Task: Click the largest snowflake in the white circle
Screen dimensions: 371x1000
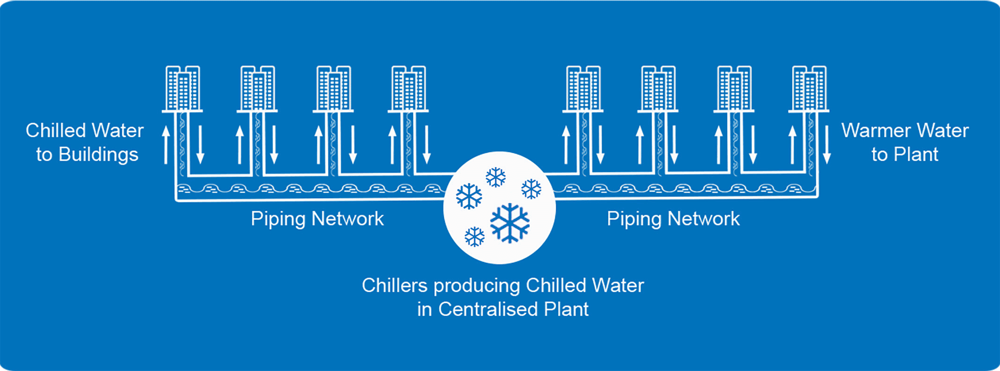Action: tap(510, 223)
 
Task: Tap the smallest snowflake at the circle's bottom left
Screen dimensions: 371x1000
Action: tap(474, 237)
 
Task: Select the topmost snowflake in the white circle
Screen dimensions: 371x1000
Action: tap(496, 177)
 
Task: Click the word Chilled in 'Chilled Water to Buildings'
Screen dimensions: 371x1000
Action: tap(55, 131)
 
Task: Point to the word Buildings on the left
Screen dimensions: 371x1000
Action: tap(98, 155)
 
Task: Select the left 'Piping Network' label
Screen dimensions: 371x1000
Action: tap(317, 219)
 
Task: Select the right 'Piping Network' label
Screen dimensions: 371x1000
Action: tap(673, 219)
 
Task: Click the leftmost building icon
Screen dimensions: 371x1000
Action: tap(183, 89)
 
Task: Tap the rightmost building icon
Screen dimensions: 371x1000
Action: tap(809, 89)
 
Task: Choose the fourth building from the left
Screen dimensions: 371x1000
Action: tap(408, 89)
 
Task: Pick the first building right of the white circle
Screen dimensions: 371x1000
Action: tap(583, 89)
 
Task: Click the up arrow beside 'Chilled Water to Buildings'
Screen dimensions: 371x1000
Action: tap(166, 144)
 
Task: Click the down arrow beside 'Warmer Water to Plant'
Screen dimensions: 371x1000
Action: tap(827, 144)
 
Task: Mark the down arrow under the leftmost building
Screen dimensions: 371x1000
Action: tap(200, 144)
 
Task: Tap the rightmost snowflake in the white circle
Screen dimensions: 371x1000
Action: tap(531, 189)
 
